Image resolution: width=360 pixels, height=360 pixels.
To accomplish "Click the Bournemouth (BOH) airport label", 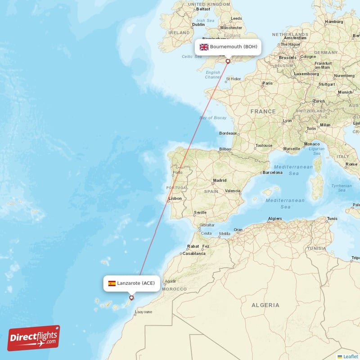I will click(x=234, y=47).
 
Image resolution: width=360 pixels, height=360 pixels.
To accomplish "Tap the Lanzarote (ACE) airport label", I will click(x=135, y=283).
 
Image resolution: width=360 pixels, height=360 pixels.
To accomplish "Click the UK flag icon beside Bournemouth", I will click(x=204, y=47).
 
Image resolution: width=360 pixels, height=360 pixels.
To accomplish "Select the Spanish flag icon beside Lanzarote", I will click(x=112, y=283).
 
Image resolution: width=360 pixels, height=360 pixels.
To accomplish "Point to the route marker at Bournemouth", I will click(x=228, y=61).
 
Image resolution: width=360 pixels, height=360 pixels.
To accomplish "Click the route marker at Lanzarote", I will click(x=131, y=297).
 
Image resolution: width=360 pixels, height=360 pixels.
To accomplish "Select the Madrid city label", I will click(x=220, y=180).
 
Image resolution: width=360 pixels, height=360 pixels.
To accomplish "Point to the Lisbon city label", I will click(x=175, y=198).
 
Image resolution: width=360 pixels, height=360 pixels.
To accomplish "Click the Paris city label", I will click(x=268, y=83).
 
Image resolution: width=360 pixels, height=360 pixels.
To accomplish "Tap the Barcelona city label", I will click(x=273, y=172).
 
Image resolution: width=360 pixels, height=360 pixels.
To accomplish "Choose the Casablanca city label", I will click(x=194, y=253).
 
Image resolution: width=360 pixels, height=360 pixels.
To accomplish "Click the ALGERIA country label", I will click(x=265, y=305).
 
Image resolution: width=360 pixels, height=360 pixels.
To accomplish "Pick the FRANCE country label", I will click(x=263, y=111).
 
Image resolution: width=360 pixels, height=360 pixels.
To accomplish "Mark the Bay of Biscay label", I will click(x=213, y=118).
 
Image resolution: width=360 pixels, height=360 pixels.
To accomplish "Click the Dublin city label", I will click(x=198, y=25).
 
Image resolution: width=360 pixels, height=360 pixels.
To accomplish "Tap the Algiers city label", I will click(x=275, y=219).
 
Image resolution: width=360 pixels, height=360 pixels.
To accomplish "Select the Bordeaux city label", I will click(x=228, y=133).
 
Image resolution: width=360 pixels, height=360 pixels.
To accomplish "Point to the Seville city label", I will click(x=200, y=212).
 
